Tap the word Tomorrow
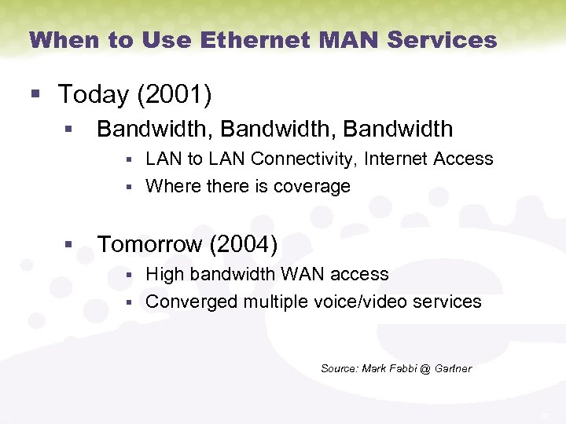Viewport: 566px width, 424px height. (149, 244)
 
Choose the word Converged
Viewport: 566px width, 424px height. (192, 302)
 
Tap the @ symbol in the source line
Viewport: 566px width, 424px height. (425, 368)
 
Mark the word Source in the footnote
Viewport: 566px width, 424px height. (339, 368)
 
